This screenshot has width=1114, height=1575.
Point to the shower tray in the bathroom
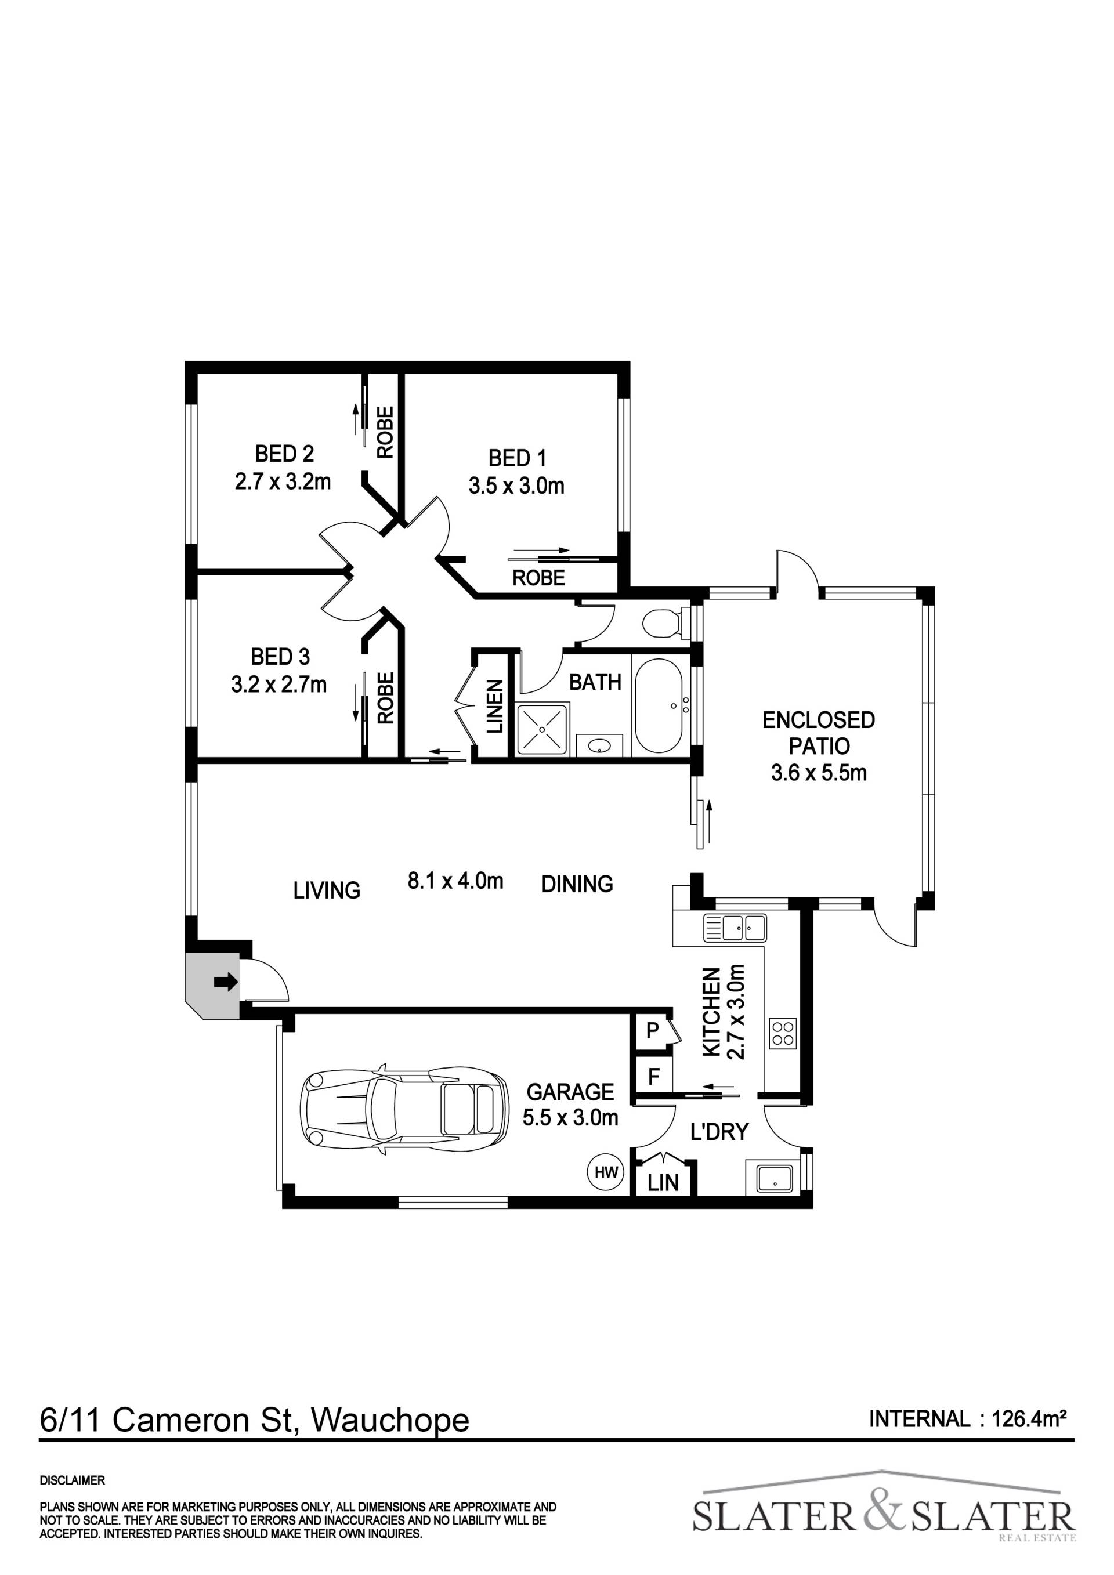click(543, 729)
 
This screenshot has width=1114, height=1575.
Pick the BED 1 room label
click(516, 458)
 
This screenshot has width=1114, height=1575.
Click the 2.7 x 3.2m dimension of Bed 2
click(283, 481)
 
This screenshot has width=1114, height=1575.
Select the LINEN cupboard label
click(494, 706)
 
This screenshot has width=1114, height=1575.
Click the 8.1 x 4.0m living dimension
click(455, 880)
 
